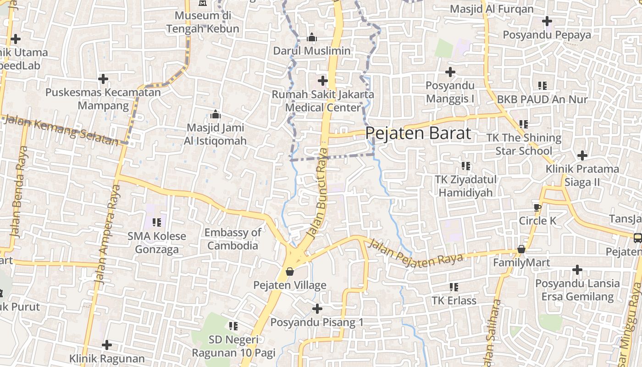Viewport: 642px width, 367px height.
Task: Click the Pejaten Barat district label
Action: (x=418, y=133)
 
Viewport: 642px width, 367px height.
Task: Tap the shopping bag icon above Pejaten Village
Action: (x=290, y=272)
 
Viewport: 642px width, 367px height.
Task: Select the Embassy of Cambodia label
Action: (x=233, y=239)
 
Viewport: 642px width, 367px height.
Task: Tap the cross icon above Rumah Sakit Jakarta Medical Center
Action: (x=323, y=81)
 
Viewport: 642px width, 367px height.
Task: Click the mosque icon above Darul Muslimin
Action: (x=312, y=37)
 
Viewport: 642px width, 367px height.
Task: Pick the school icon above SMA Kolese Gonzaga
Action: (x=157, y=222)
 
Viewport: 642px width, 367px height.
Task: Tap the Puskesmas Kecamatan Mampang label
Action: (x=103, y=99)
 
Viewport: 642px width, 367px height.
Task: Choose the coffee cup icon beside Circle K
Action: (x=537, y=207)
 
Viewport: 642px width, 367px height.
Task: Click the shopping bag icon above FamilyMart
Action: (x=521, y=249)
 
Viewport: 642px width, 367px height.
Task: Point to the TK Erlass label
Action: (x=454, y=300)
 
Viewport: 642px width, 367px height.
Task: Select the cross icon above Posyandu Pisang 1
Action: (x=317, y=308)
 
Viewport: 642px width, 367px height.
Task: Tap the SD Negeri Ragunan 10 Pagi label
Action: (x=233, y=346)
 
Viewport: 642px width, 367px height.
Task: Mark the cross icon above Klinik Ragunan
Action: (x=107, y=345)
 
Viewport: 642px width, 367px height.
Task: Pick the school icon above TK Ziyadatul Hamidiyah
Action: (x=466, y=166)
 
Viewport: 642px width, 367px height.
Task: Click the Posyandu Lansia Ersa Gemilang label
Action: (x=577, y=290)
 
